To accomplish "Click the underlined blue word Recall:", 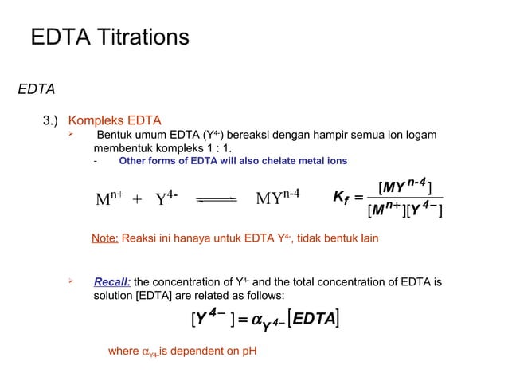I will [x=112, y=281].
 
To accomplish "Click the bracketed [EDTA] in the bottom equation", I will [x=311, y=320].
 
